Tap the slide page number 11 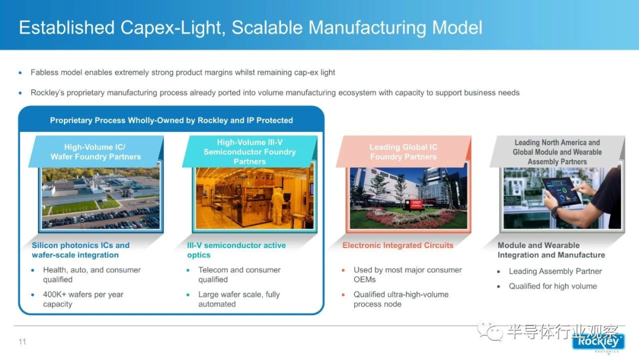[x=22, y=342]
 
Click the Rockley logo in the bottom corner [x=598, y=342]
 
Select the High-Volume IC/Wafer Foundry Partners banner [x=96, y=152]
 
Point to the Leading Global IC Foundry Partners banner [x=404, y=152]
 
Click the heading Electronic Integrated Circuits [x=398, y=246]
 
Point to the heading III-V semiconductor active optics [x=236, y=250]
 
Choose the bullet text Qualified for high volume [x=553, y=286]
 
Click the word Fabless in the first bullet [x=44, y=72]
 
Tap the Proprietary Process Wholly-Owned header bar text [x=171, y=120]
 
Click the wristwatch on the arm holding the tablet [x=556, y=211]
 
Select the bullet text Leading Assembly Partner [x=555, y=271]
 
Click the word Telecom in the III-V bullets [x=213, y=270]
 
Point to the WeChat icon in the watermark [x=490, y=330]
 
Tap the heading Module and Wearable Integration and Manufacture [x=551, y=250]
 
